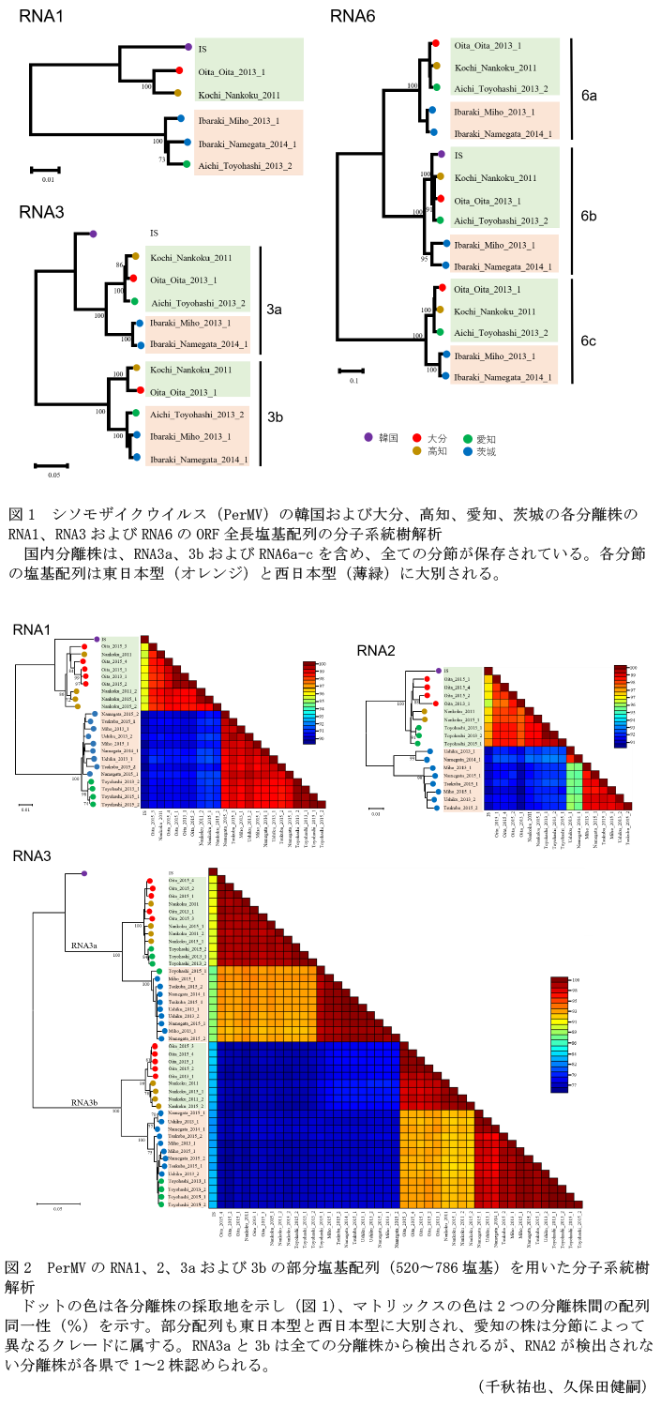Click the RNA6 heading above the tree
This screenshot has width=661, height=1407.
[353, 16]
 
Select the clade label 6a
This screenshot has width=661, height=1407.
[588, 96]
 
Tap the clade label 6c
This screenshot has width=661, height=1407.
[588, 341]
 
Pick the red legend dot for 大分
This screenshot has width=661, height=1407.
[416, 438]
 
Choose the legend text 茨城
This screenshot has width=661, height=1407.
[486, 451]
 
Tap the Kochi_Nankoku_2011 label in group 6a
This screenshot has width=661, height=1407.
[495, 68]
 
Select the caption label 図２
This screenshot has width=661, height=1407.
[19, 1267]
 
